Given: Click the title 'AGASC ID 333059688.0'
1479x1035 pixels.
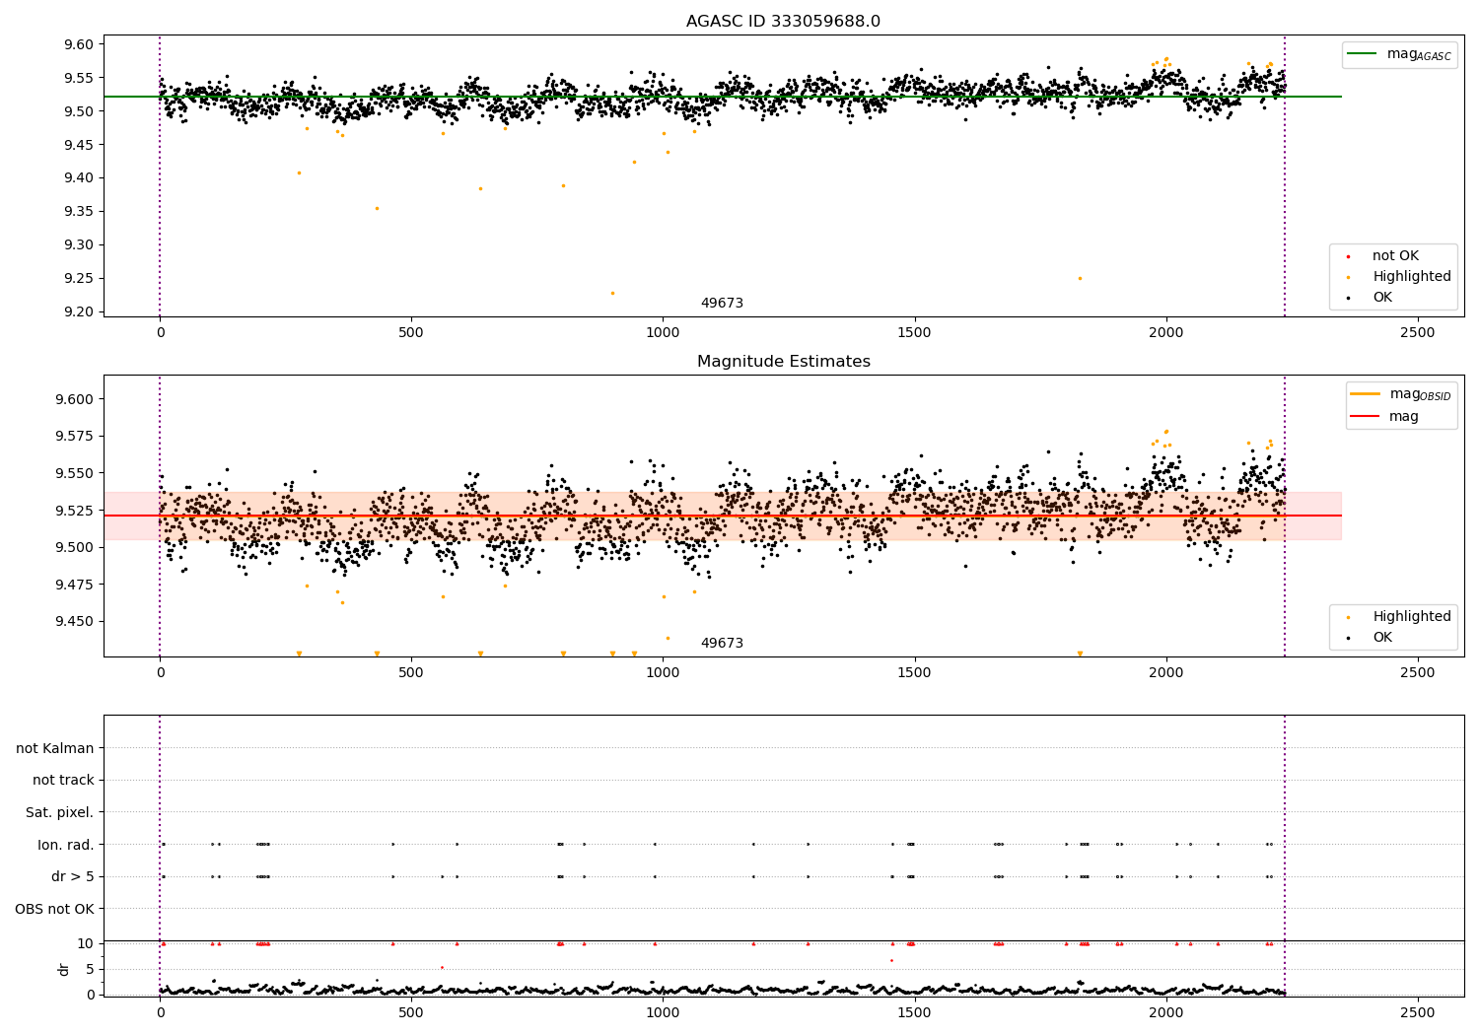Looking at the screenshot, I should point(783,22).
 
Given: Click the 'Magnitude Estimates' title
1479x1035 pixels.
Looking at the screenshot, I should point(783,362).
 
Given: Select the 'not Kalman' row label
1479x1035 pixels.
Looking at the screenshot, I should point(55,749).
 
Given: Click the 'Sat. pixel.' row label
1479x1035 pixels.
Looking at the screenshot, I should point(59,813).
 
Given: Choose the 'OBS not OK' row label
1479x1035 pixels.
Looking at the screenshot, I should point(54,909).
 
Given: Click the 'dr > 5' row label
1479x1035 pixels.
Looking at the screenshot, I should point(72,876).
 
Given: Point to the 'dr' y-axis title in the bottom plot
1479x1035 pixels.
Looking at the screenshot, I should point(64,969).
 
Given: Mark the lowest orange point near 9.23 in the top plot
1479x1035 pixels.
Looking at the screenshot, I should point(612,293).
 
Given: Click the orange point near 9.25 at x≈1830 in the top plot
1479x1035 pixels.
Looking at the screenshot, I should point(1080,278).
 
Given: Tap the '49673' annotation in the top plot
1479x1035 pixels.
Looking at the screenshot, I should point(722,304).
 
